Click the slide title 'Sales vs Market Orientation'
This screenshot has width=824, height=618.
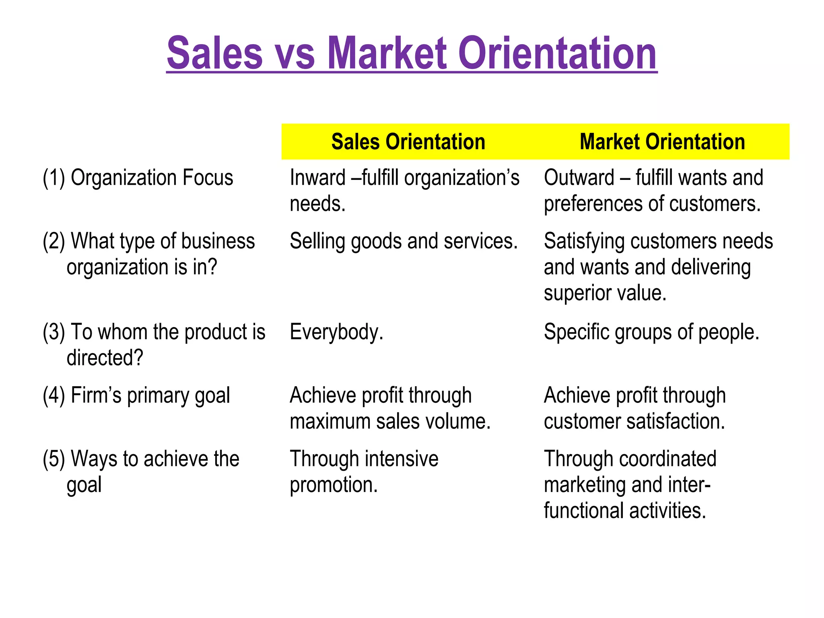[x=412, y=53]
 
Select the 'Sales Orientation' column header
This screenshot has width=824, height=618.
[x=408, y=142]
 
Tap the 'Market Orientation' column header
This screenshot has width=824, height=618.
[x=662, y=142]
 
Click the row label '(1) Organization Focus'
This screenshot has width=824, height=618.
[x=138, y=178]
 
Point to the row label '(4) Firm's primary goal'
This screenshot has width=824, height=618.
[x=136, y=396]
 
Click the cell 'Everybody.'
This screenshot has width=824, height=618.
[x=336, y=332]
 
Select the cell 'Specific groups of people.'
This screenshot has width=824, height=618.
[x=651, y=332]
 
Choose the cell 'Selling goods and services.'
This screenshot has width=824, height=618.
[x=404, y=241]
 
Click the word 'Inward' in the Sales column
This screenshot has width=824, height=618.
[x=317, y=178]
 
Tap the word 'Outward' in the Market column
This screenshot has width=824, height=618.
[x=579, y=178]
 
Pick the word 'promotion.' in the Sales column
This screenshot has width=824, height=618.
[x=334, y=485]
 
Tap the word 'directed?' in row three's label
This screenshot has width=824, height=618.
[x=105, y=358]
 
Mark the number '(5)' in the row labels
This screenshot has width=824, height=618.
[x=54, y=459]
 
